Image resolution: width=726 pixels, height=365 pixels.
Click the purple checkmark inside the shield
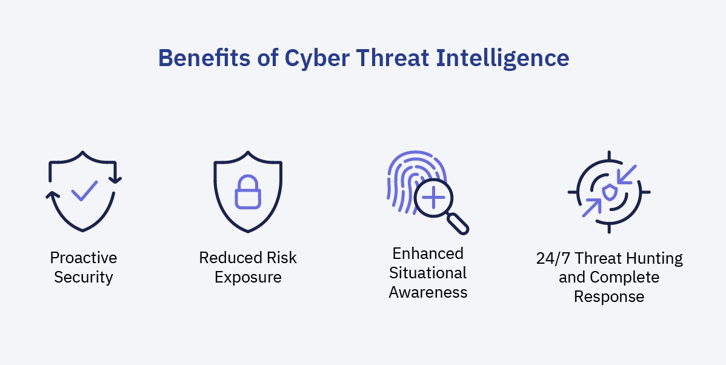point(84,190)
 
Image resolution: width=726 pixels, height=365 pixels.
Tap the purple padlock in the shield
point(247,192)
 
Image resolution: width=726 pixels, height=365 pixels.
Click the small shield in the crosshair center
point(609,192)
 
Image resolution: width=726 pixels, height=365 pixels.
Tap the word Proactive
point(84,258)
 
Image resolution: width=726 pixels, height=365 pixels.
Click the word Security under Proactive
point(84,277)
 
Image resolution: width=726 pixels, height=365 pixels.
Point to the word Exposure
point(248,277)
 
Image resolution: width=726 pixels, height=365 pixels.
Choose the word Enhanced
point(428,253)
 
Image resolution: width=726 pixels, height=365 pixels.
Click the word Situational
point(428,272)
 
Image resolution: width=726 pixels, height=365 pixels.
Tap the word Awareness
point(428,292)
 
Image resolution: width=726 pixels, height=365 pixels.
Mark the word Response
point(609,296)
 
